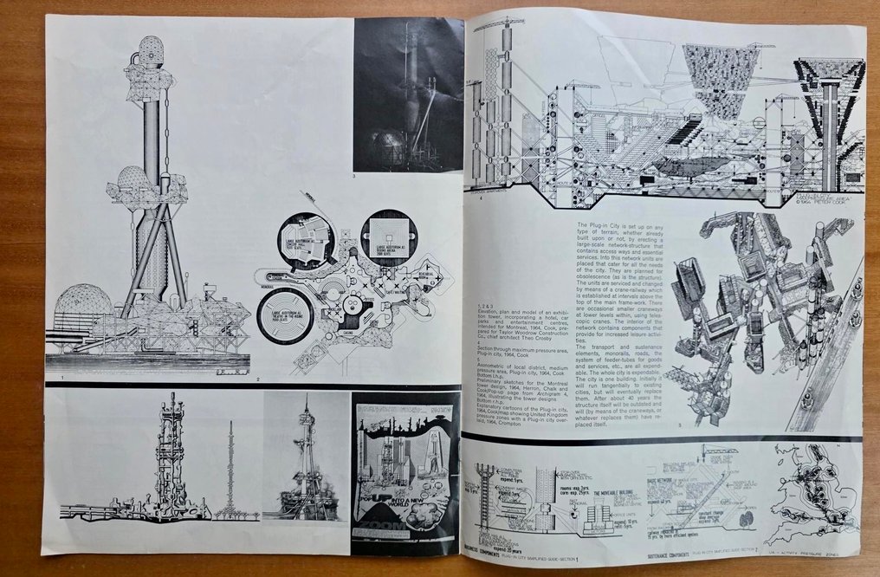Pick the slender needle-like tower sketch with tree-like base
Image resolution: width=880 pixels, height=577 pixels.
coord(231,468)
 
